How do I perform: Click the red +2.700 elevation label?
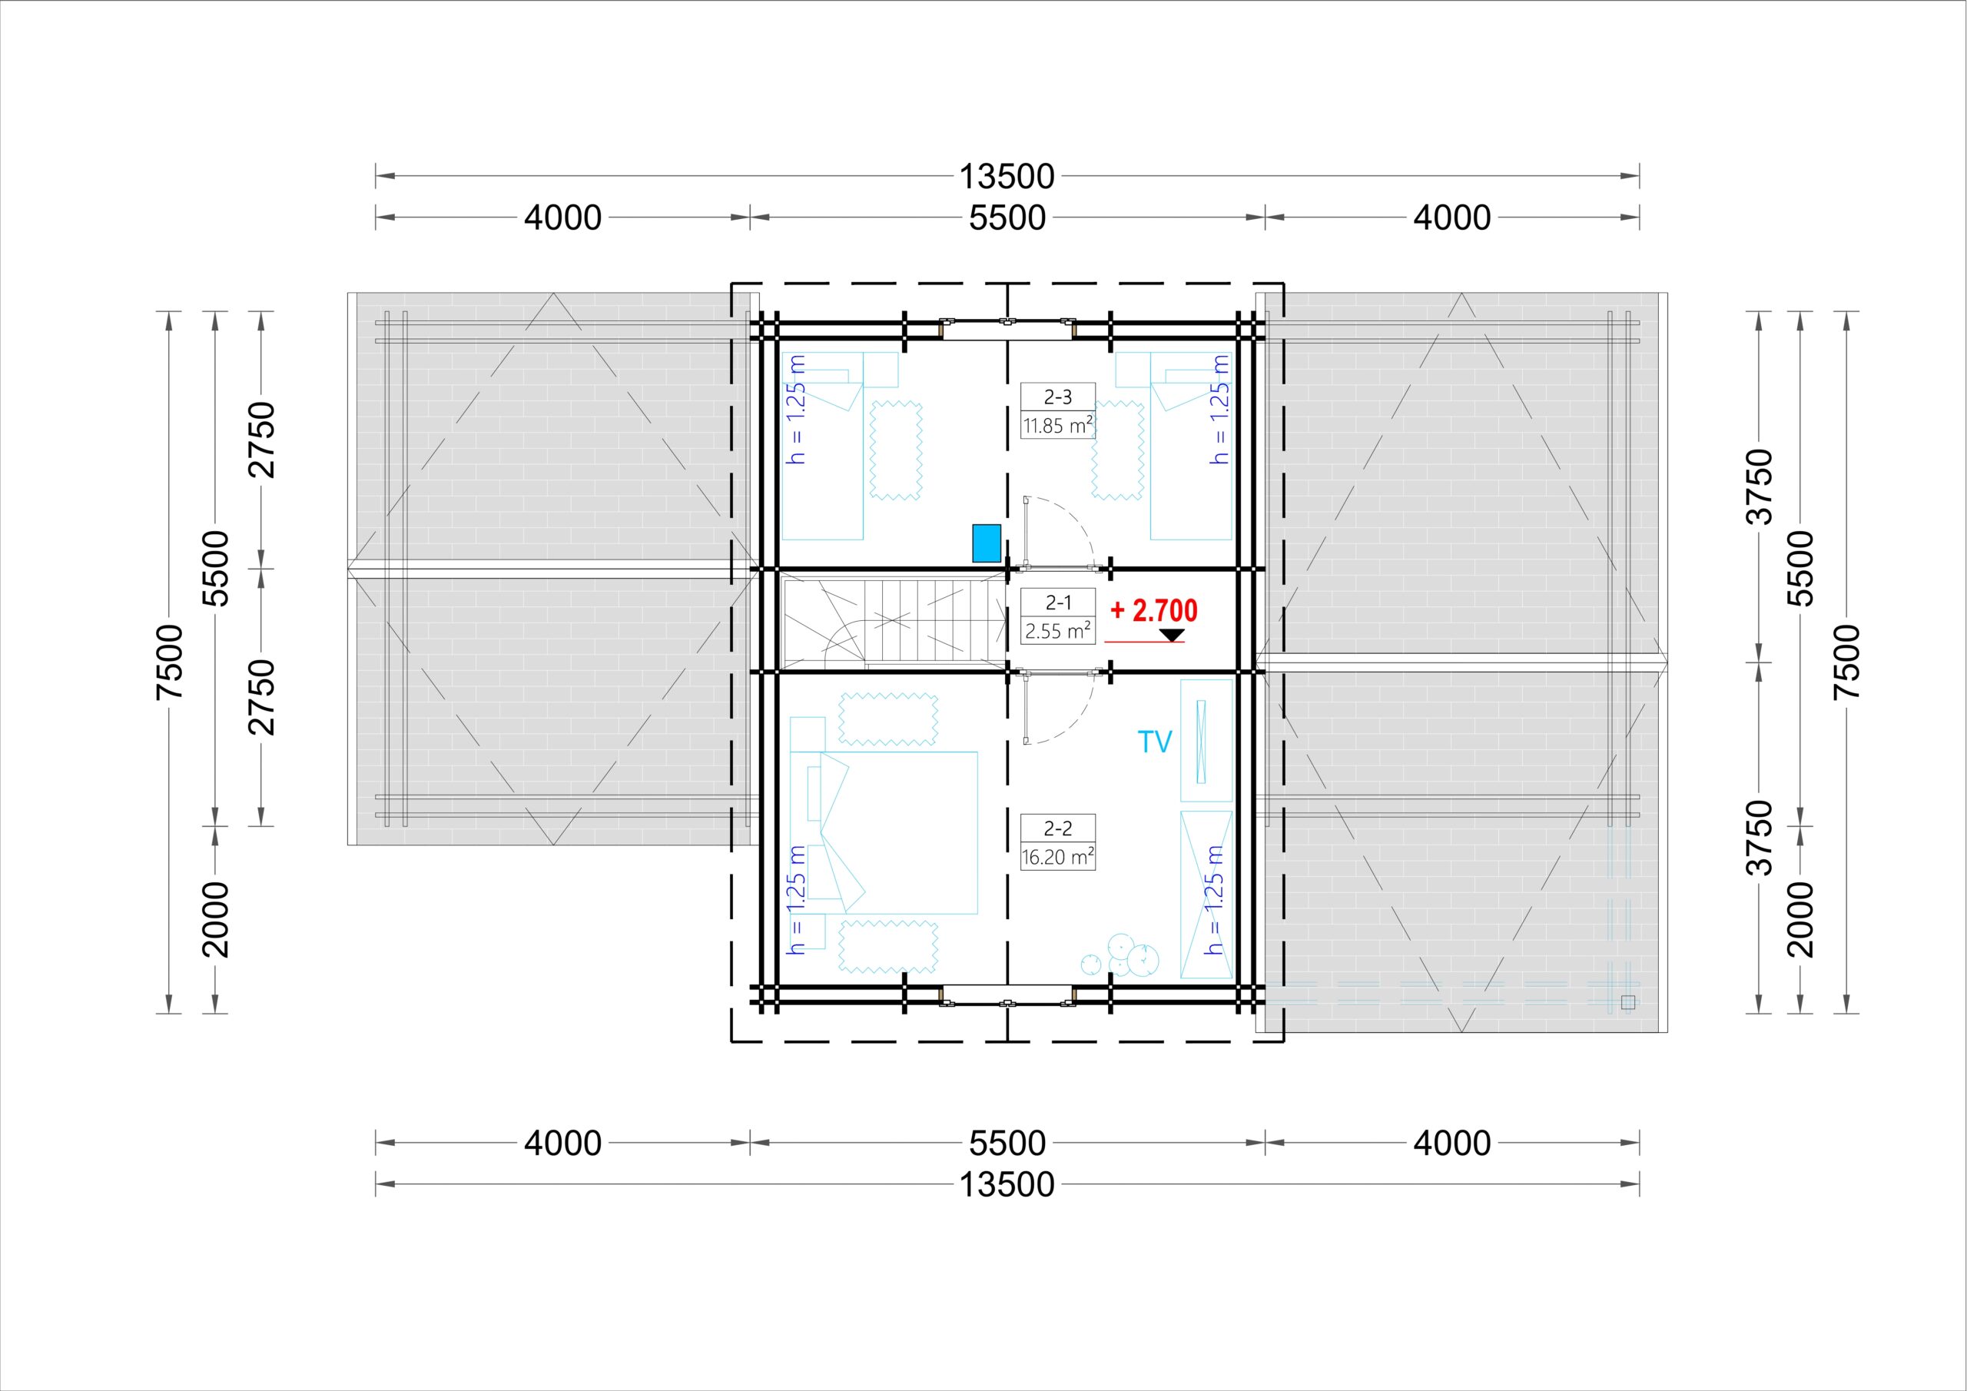coord(1153,610)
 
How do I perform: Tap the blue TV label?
coord(1154,742)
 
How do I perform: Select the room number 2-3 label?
coord(1057,397)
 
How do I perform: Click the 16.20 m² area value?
coord(1057,856)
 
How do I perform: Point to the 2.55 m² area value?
coord(1057,631)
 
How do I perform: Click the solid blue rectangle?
coord(986,543)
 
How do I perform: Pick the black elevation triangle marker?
coord(1171,635)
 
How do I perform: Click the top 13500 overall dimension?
coord(1006,177)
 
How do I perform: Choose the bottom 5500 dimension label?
coord(1007,1143)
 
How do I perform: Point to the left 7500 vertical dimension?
coord(171,661)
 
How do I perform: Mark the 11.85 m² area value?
coord(1057,425)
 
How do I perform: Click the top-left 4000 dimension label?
coord(563,217)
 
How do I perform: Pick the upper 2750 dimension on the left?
coord(261,439)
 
